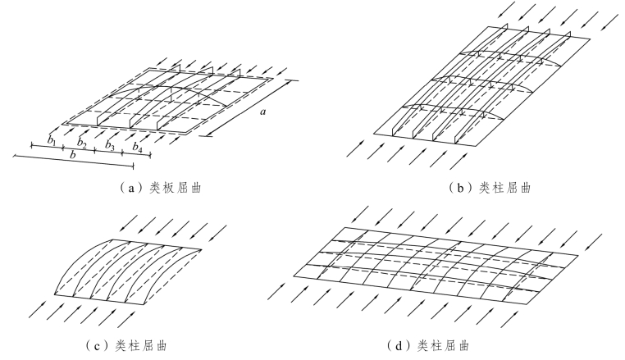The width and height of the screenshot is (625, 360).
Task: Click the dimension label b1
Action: [52, 141]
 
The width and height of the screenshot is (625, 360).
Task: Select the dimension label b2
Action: [81, 143]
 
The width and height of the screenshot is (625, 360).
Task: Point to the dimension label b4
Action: [138, 148]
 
